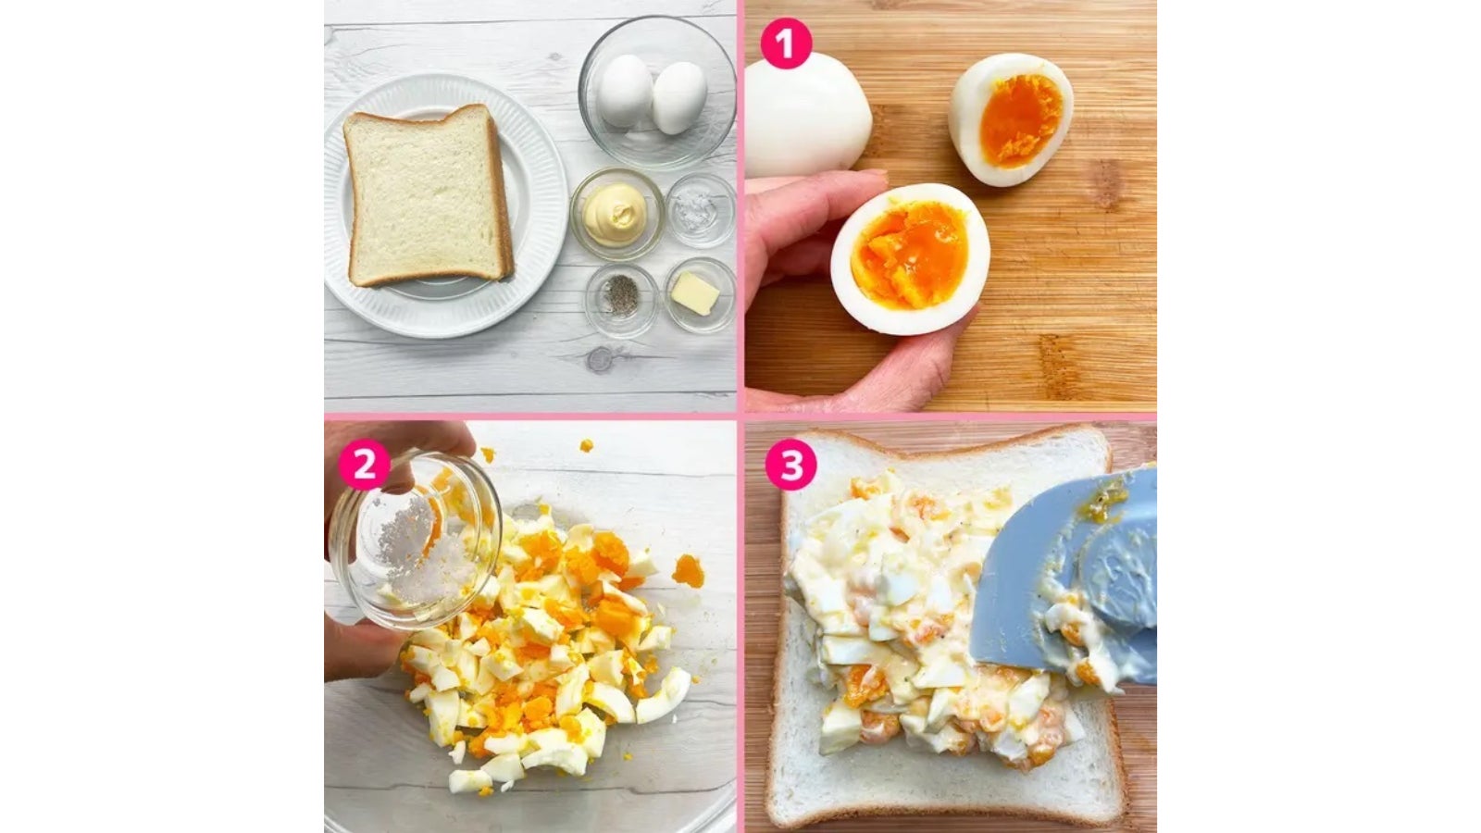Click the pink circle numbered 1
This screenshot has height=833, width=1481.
(786, 43)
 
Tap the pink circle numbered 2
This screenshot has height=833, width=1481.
(365, 464)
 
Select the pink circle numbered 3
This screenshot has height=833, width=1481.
(790, 464)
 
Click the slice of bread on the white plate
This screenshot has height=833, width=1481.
(428, 196)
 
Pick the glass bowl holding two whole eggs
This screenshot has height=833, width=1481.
(657, 93)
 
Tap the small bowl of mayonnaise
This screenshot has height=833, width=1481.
(616, 214)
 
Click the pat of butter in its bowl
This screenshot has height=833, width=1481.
(695, 293)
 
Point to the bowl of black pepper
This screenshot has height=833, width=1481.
(621, 299)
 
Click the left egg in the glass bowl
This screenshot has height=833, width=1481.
(625, 91)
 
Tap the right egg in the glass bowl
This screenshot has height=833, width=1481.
(679, 98)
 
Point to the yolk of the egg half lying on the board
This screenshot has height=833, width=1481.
(1021, 119)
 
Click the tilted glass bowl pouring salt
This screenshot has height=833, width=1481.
(414, 539)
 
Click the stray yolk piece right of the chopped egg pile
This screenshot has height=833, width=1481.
(689, 571)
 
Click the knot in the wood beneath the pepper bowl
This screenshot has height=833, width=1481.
(601, 360)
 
